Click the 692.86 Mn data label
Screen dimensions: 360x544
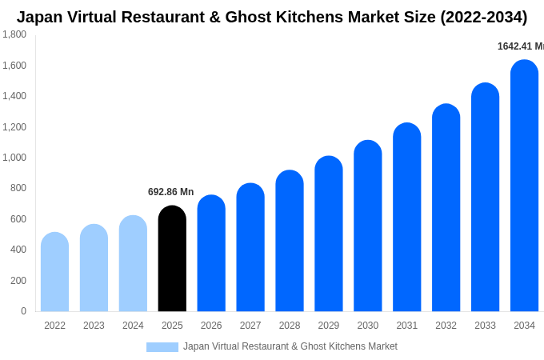[170, 192]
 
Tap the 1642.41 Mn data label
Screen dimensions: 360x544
[520, 46]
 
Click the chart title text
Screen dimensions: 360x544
[272, 17]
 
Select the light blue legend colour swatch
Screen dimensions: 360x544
[162, 346]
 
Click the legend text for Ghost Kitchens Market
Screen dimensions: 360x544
[290, 346]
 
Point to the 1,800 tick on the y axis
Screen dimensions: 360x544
[14, 34]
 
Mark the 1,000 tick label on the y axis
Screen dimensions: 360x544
[14, 158]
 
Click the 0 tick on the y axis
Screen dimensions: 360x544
[23, 311]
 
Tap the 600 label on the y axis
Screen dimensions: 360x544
[18, 219]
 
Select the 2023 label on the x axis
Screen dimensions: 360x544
[94, 326]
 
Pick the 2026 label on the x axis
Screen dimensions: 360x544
[211, 326]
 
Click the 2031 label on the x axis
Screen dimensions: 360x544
[406, 326]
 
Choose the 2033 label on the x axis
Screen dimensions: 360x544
[485, 326]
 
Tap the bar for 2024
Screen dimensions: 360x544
[133, 263]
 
